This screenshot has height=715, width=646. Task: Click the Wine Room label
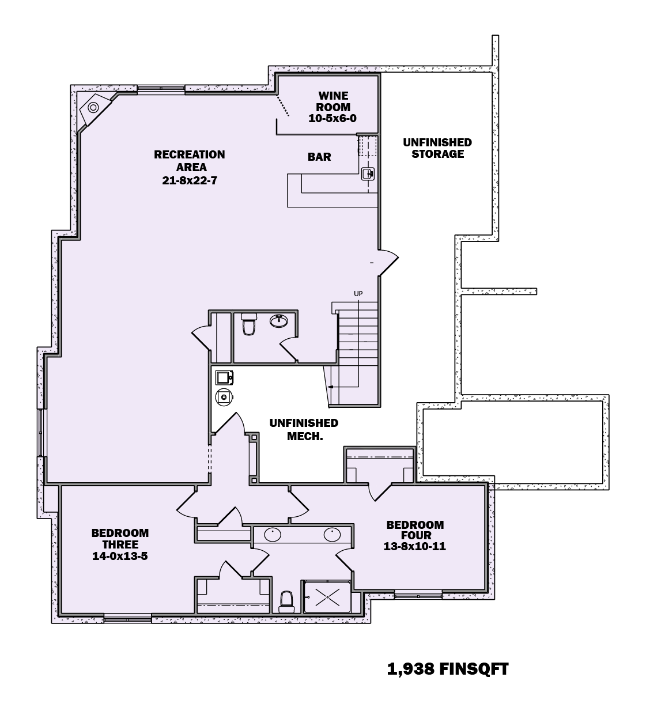pos(333,101)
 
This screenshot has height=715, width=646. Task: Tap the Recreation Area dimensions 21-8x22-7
pos(189,180)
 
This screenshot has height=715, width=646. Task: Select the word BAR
pos(319,157)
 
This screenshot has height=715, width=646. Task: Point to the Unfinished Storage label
pos(437,148)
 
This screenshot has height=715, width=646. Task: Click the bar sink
pos(368,173)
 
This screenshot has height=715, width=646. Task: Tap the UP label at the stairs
pos(358,294)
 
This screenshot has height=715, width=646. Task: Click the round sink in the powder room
pos(279,320)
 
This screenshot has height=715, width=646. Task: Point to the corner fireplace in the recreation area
pos(93,108)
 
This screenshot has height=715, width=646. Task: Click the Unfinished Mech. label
pos(304,430)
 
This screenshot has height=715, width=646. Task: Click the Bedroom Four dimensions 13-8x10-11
pos(414,546)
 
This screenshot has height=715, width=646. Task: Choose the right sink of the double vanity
pos(333,535)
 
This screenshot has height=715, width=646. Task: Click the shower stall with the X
pos(327,596)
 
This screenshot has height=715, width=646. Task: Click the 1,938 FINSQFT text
pos(448,669)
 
